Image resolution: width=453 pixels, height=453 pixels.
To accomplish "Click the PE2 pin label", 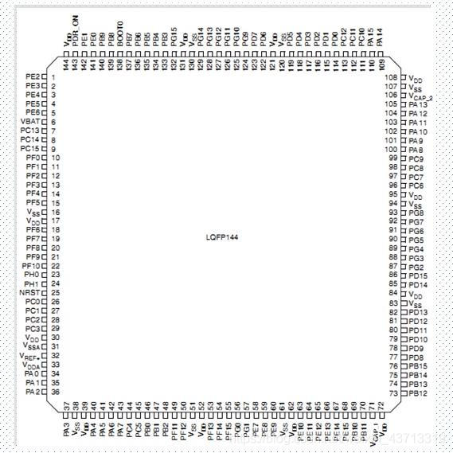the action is point(33,76).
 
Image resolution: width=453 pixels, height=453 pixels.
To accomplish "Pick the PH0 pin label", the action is point(32,275).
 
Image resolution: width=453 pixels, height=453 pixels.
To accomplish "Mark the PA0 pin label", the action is point(32,373).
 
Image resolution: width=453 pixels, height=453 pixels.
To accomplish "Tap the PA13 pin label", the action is point(418,105).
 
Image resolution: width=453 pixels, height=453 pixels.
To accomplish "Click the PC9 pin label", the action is point(416,159).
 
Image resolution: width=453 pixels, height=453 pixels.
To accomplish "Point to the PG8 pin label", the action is point(416,213).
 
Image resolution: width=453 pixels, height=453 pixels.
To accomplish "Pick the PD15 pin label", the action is point(418,275).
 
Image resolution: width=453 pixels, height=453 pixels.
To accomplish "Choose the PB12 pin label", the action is point(418,393).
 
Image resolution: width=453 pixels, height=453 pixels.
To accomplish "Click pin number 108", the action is point(391,78).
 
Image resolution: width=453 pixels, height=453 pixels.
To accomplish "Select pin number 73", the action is point(393,393).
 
